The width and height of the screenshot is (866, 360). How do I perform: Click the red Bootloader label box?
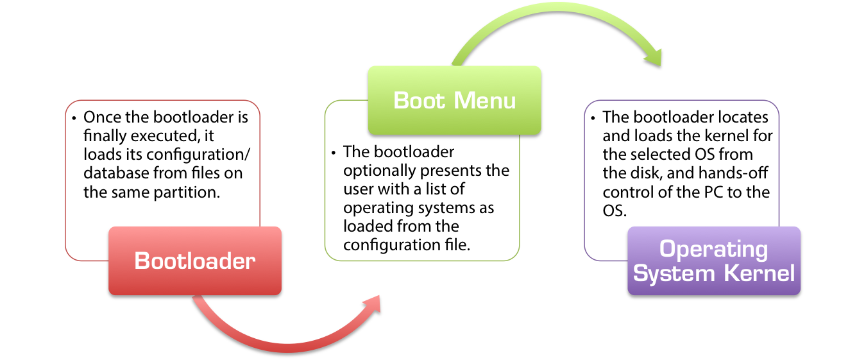pos(194,261)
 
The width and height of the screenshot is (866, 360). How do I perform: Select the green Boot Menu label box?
pos(454,100)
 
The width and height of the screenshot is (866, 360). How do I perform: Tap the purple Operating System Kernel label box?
pos(713,261)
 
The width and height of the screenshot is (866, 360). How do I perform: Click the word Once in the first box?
pos(101,117)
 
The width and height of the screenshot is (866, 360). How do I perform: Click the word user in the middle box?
pos(357,189)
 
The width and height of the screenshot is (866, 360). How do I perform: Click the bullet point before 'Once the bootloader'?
pos(74,117)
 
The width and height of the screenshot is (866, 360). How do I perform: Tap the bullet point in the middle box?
pos(334,152)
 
